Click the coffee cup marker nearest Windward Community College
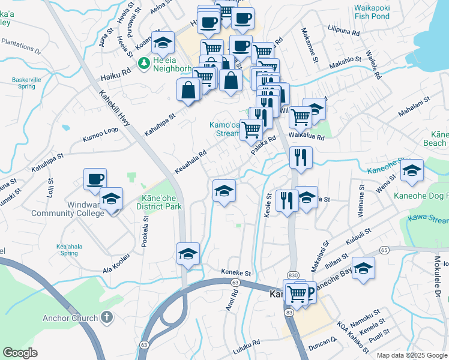95,179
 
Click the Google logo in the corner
20,353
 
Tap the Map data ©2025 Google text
411,355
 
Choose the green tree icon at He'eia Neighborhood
144,63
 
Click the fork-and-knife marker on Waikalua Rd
300,157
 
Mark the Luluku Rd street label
247,343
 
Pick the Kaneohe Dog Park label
420,196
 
